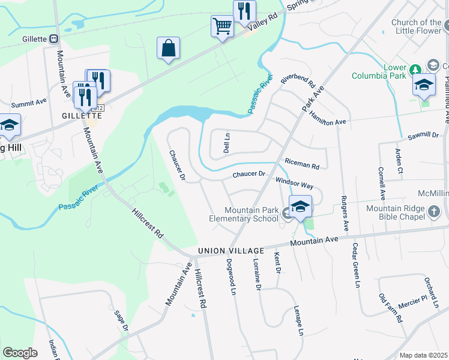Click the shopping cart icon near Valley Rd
[x=222, y=26]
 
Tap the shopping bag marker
[x=169, y=48]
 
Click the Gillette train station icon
[x=53, y=39]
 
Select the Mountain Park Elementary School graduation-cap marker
[x=300, y=207]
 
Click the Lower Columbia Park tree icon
[x=415, y=70]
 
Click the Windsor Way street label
[x=294, y=182]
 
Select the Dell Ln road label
[x=227, y=143]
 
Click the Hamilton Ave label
[x=328, y=117]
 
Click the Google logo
[x=20, y=352]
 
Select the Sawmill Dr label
[x=423, y=136]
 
